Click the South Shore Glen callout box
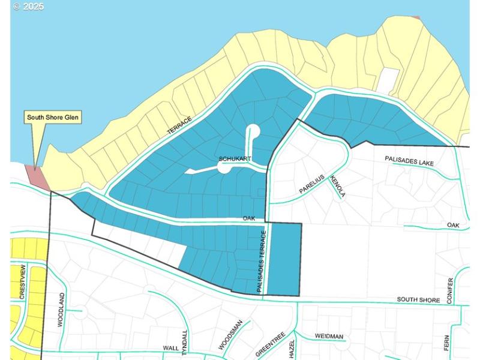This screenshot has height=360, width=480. [53, 117]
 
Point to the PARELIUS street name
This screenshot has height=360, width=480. [312, 184]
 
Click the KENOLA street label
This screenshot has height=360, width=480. [337, 187]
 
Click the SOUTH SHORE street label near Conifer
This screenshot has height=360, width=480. [418, 299]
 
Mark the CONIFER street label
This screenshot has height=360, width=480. [449, 290]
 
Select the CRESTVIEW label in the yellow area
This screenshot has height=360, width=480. [22, 281]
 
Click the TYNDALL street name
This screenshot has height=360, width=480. [185, 343]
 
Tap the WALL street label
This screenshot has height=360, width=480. [171, 348]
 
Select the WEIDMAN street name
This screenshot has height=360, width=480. [329, 337]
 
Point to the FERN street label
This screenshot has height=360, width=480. [447, 343]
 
